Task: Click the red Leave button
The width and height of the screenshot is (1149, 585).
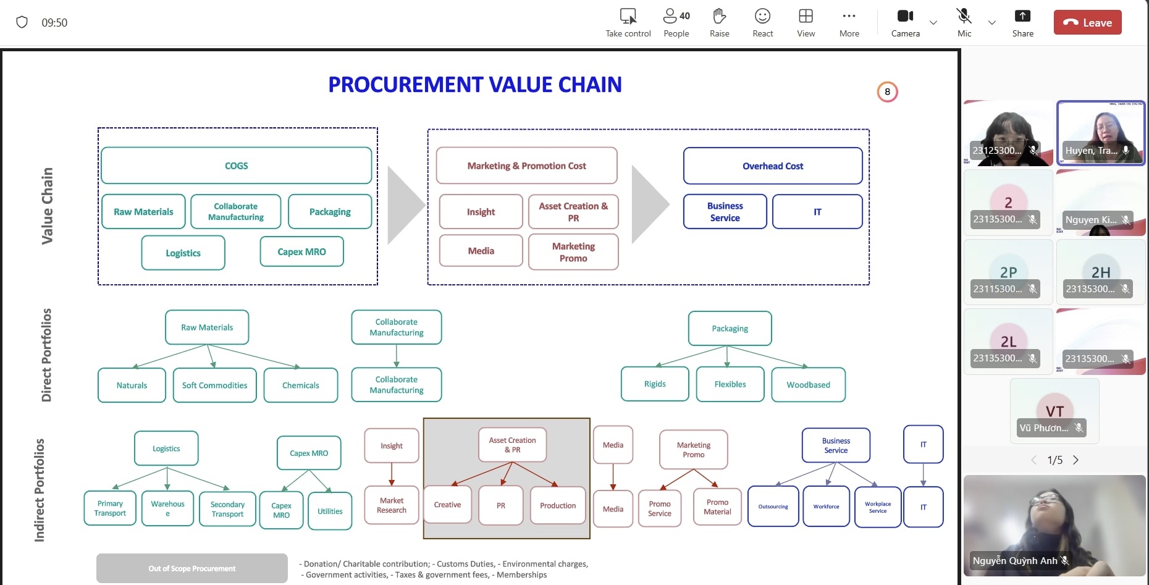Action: pos(1087,23)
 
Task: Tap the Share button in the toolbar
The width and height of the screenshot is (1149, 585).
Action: pos(1022,22)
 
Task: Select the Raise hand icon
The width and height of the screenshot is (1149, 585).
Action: pos(719,22)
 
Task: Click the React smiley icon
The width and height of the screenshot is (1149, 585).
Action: pos(762,22)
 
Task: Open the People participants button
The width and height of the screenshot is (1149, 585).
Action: pos(676,22)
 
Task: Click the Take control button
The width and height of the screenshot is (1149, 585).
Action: pos(628,22)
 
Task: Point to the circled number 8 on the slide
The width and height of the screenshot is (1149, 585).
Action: pos(887,92)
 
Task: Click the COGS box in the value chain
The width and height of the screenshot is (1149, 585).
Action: pos(236,166)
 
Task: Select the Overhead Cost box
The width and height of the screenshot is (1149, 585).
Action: pos(772,166)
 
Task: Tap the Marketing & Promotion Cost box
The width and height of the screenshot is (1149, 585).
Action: pos(526,166)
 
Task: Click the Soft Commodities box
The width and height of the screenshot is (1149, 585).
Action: pos(214,385)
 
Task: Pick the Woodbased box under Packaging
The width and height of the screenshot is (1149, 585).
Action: pos(808,385)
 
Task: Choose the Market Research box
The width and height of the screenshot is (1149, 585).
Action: pos(392,505)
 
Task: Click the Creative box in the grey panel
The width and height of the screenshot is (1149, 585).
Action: pos(447,505)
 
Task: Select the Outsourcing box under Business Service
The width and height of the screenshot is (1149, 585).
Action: pos(773,507)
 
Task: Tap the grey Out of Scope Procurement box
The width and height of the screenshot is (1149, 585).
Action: pos(192,568)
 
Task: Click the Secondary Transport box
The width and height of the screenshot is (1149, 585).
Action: pos(227,509)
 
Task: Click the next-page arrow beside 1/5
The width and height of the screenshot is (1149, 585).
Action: pos(1075,460)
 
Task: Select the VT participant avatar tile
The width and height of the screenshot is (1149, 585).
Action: pos(1054,411)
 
